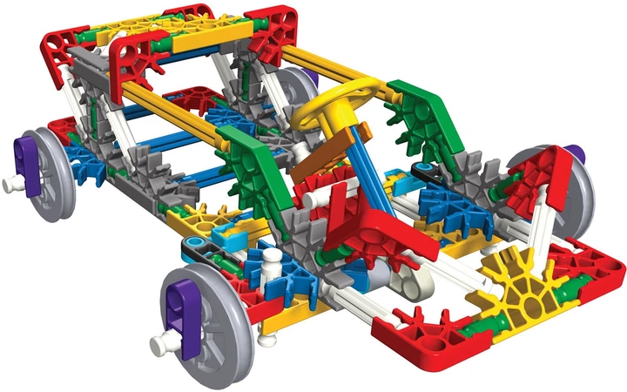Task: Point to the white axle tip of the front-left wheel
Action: coord(162,345)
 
